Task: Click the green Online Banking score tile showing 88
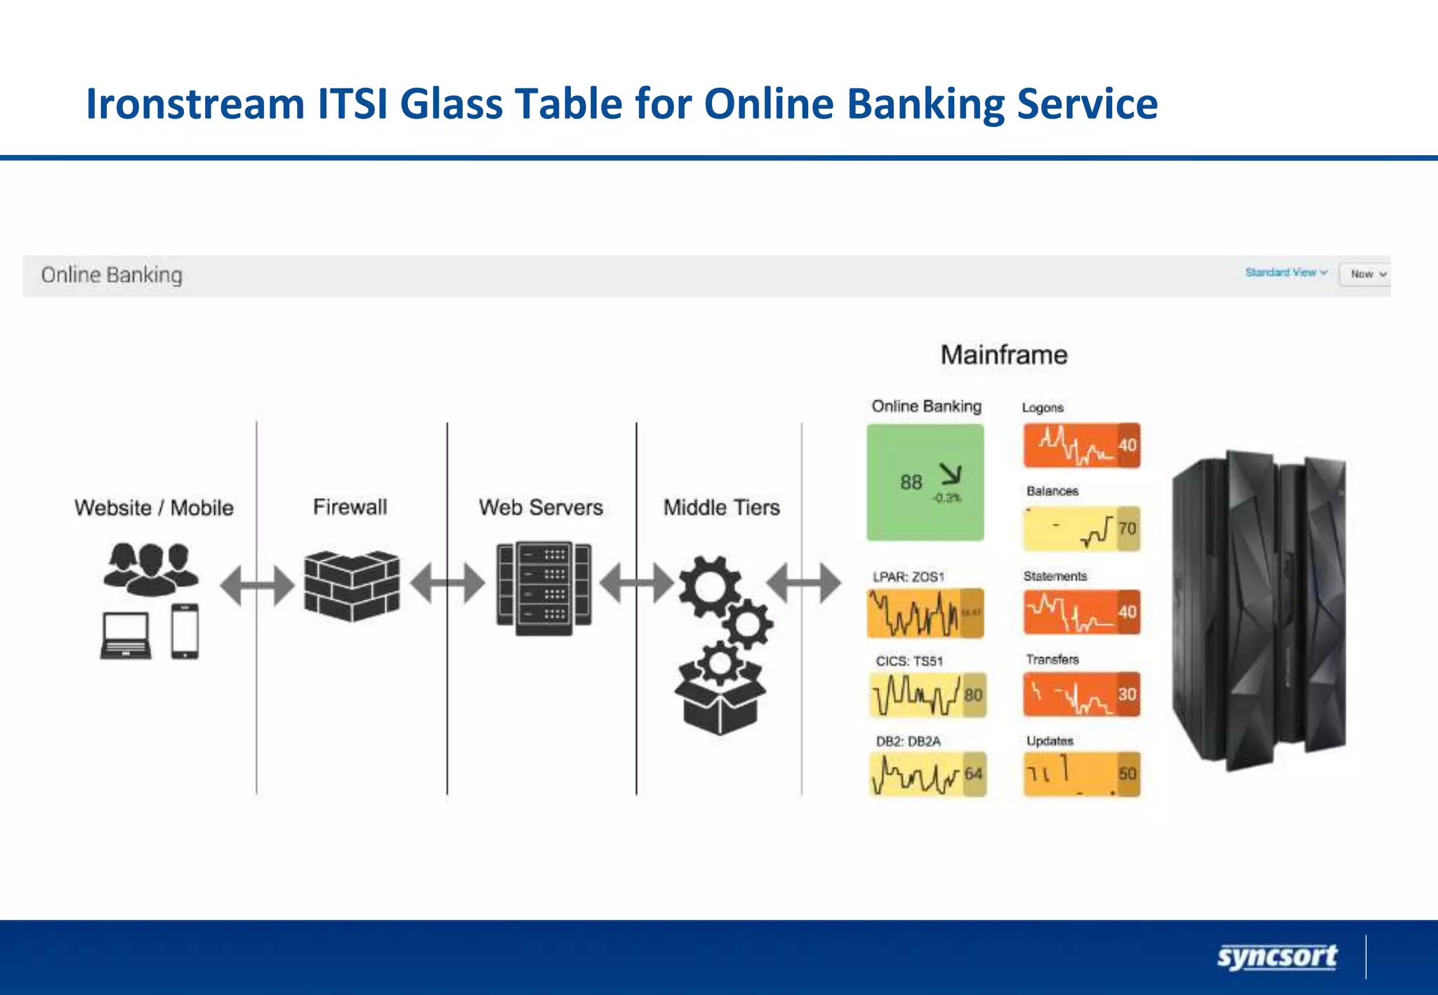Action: coord(925,483)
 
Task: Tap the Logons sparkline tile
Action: coord(1081,445)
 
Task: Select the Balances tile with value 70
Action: coord(1081,528)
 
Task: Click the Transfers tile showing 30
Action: coord(1081,695)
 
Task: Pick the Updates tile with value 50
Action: coord(1081,774)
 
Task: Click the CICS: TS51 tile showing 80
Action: coord(927,695)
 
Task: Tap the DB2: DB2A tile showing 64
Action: coord(927,774)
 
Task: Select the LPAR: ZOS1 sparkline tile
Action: coord(925,613)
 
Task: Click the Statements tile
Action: coord(1081,612)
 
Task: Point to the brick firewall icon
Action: coord(352,586)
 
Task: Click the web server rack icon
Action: coord(543,588)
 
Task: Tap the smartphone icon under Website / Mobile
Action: coord(185,632)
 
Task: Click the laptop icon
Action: coord(126,636)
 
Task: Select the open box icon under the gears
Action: coord(720,702)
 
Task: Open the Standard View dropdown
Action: coord(1286,273)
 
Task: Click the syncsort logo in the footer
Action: coord(1277,957)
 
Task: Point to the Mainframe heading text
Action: coord(1003,355)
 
